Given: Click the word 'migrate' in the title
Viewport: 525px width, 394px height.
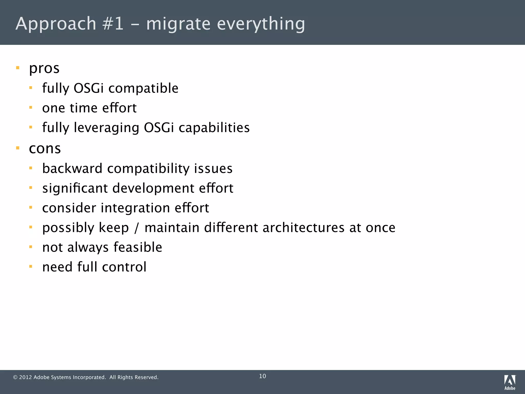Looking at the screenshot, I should point(178,24).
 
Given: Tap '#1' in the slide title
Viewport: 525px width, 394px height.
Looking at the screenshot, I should point(113,24).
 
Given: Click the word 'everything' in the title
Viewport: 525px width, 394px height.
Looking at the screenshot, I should point(261,24).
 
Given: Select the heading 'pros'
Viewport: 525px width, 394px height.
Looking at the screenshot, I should point(44,69).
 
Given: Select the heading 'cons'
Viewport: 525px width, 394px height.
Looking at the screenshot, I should point(45,149).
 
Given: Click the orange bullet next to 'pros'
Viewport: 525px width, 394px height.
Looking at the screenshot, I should point(18,68).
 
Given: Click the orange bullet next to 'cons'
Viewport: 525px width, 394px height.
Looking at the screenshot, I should point(18,148).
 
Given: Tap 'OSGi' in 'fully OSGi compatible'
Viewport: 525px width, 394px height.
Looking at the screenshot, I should point(88,88).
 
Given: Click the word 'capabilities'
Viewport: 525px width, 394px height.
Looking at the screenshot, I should point(214,128).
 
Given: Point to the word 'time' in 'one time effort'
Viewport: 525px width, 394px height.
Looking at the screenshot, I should point(84,108).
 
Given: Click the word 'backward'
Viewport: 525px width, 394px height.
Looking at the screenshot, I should point(72,169).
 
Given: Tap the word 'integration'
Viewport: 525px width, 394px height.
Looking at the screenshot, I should point(135,208).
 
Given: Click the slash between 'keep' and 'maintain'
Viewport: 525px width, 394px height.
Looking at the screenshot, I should point(137,228).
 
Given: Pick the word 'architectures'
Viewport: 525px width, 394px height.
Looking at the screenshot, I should point(304,228).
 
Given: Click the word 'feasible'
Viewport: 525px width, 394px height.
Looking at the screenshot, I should point(138,247).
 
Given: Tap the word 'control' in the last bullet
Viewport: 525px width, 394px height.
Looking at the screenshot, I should point(124,267).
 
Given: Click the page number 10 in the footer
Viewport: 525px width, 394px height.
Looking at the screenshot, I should point(262,376).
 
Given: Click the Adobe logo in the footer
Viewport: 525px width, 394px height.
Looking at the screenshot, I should point(510,382).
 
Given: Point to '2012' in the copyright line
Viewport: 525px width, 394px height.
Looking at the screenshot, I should point(25,377).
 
